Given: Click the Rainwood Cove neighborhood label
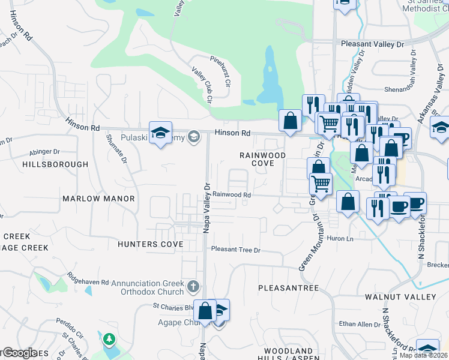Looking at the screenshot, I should [262, 159].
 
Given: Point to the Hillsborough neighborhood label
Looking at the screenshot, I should [55, 164].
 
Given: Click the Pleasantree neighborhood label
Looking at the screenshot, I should [288, 288].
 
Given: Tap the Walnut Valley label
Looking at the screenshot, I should [404, 297].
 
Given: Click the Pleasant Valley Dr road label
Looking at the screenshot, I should [373, 44].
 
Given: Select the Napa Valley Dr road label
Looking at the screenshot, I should [205, 204].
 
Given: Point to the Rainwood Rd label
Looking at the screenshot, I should [231, 194].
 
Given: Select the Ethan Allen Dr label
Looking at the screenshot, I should [357, 324].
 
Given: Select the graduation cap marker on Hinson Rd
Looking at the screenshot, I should [160, 133].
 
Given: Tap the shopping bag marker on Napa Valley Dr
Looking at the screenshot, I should [205, 311].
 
